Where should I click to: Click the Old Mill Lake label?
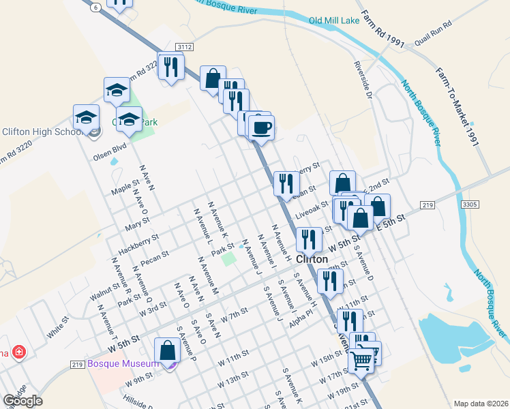click(x=333, y=20)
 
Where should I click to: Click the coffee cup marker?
click(x=260, y=127)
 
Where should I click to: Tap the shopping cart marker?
click(x=361, y=359)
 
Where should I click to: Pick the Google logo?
click(x=22, y=402)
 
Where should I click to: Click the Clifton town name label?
click(x=313, y=260)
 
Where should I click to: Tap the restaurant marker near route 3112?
click(x=171, y=67)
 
